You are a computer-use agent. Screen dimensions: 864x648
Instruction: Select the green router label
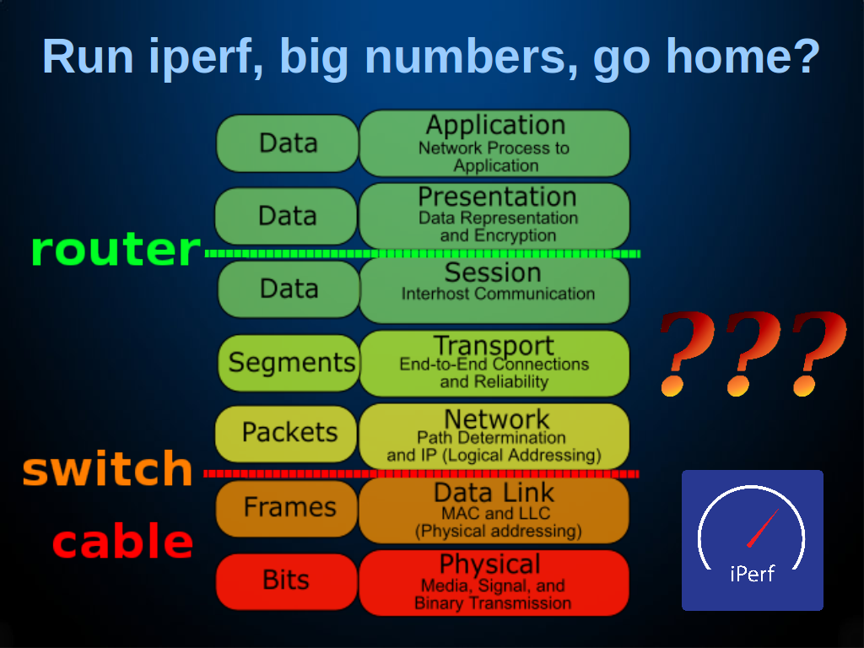pos(116,250)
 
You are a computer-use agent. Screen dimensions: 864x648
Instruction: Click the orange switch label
pos(108,467)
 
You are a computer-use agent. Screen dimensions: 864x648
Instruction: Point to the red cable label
pos(123,541)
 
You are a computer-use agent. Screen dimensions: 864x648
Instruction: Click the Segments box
pos(289,363)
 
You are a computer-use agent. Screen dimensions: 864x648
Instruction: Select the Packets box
pos(286,434)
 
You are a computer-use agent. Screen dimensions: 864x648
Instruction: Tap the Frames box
pos(287,507)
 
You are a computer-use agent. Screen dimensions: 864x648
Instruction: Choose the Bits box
pos(287,581)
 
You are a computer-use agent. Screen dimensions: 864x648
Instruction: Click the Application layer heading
pos(495,125)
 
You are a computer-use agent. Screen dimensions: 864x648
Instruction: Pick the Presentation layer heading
pos(497,197)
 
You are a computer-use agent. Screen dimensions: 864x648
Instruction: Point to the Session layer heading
pos(493,273)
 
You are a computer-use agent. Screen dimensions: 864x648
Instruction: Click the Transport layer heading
pos(494,346)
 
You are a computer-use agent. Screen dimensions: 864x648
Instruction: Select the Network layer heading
pos(496,419)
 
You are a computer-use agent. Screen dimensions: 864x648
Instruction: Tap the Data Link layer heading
pos(494,493)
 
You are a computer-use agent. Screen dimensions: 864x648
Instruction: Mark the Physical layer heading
pos(490,564)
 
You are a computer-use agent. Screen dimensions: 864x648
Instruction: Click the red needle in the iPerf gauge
pos(763,527)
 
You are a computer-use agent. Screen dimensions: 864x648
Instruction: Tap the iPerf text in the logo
pos(752,574)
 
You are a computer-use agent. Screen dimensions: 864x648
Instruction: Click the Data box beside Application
pos(288,143)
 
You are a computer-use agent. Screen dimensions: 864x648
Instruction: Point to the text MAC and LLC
pos(496,513)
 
